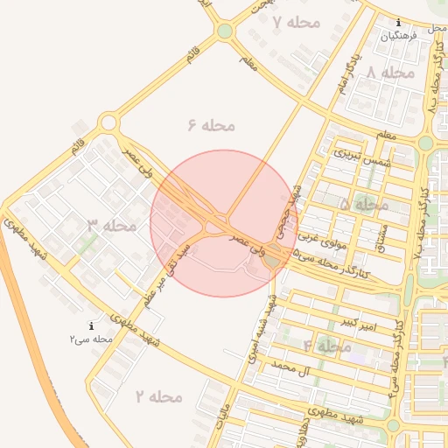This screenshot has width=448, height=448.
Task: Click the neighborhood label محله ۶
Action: tap(211, 125)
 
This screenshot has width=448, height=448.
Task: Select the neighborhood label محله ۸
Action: tap(390, 73)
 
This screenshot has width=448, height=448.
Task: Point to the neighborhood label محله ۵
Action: tap(363, 204)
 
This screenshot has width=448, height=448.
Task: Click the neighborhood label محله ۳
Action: tap(112, 225)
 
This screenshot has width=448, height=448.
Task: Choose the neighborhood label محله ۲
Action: tap(158, 396)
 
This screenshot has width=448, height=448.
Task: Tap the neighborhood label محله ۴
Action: tap(326, 346)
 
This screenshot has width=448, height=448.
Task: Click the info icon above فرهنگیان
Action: tap(399, 22)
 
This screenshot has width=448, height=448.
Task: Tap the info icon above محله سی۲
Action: tap(92, 325)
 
